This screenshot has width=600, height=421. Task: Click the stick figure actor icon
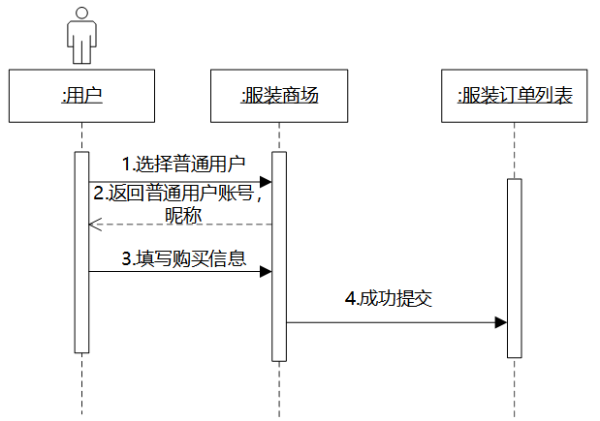coord(81,35)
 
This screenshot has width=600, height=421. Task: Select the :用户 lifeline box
coord(81,95)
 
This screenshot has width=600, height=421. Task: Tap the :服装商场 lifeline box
coord(279,95)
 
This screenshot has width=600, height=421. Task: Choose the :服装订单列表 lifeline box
coord(514,95)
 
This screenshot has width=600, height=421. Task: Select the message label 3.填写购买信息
coord(182,258)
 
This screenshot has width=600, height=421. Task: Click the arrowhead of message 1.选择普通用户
coord(266,181)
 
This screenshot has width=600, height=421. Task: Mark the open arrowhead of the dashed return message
coord(94,226)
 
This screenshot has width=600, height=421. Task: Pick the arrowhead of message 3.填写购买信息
coord(266,272)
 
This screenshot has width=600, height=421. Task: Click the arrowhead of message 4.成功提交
coord(500,322)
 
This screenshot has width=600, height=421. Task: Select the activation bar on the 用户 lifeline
coord(81,252)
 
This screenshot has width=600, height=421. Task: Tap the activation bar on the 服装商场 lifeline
coord(279,256)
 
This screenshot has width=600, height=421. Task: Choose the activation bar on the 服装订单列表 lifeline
coord(514,268)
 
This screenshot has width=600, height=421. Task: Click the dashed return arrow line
coord(184,226)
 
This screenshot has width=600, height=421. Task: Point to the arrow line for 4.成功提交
coord(388,322)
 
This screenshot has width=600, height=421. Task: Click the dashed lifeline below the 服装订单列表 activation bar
coord(514,387)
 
